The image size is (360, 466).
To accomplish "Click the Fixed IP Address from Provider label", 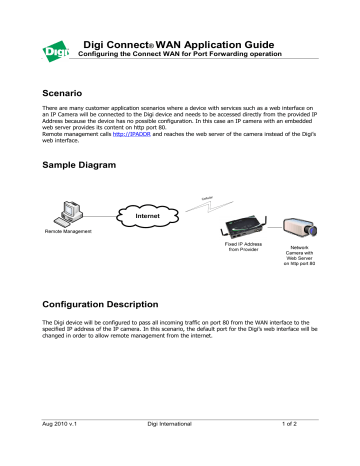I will [x=235, y=247].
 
